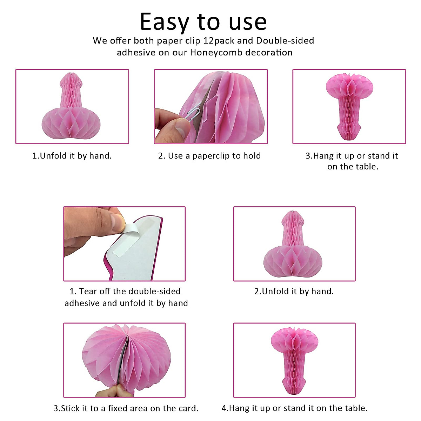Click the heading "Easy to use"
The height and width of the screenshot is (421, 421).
click(203, 22)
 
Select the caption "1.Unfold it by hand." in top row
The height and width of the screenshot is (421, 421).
click(72, 156)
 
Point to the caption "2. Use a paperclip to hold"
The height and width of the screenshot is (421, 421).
click(209, 156)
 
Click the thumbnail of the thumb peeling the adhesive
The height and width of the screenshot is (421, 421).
click(124, 244)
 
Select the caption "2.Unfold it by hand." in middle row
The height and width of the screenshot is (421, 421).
click(294, 291)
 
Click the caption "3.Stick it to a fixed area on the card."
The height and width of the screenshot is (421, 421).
click(126, 408)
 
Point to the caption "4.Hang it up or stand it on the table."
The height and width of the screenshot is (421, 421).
click(294, 408)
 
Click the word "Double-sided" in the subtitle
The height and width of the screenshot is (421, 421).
click(285, 41)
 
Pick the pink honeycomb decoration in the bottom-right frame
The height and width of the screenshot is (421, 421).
click(295, 360)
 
